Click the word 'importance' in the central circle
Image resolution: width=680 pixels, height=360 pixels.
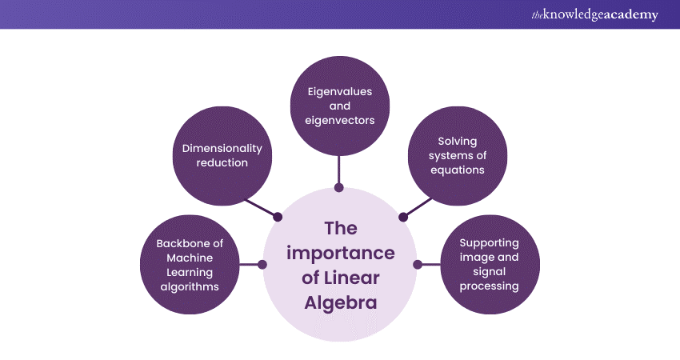339,254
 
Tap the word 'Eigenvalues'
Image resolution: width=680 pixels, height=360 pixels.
339,91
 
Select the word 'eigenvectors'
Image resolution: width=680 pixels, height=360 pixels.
339,121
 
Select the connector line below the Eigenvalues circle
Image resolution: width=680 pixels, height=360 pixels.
339,170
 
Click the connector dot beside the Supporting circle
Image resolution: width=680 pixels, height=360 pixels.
417,264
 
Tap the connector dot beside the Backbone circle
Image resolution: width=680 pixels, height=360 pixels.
262,264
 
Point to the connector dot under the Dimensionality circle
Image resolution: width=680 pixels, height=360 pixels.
278,216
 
